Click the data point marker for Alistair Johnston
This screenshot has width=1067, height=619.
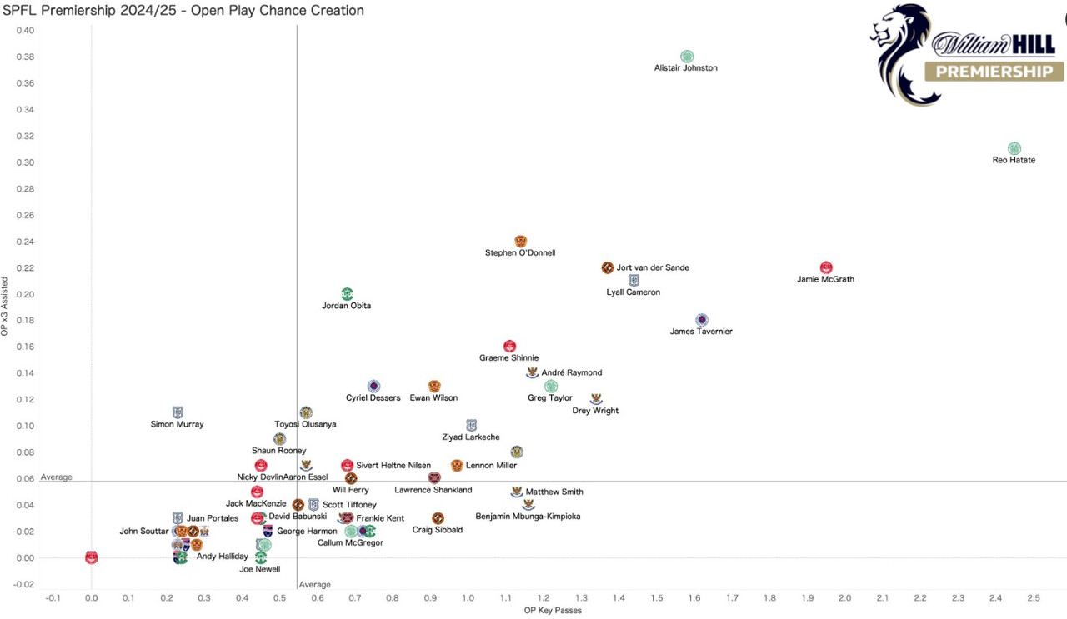(x=687, y=57)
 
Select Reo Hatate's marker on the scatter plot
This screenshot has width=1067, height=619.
(x=1014, y=148)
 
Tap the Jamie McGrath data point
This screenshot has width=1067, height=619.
(x=826, y=267)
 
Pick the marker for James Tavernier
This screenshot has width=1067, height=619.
(x=702, y=320)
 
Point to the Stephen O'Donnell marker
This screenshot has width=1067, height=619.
(x=521, y=242)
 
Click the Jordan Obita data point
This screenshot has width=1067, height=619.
(x=348, y=294)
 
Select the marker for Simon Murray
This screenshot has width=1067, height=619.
(x=178, y=412)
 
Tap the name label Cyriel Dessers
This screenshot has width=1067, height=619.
(x=373, y=398)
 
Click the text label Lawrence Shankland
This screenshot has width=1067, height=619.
(x=433, y=490)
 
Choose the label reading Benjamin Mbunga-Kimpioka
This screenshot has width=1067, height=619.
(x=528, y=517)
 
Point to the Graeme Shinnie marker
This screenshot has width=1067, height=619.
(x=509, y=346)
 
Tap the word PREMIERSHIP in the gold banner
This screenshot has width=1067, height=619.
(x=994, y=72)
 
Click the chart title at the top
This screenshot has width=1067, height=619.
(x=183, y=11)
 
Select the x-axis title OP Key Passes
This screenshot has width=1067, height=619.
(x=552, y=611)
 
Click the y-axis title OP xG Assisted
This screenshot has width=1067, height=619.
(x=5, y=307)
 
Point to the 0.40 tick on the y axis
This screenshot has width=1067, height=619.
(x=25, y=31)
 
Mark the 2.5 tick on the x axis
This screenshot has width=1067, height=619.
(x=1033, y=598)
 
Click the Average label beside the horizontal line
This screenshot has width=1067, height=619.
(x=57, y=477)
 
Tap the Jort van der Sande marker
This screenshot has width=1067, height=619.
(x=608, y=267)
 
